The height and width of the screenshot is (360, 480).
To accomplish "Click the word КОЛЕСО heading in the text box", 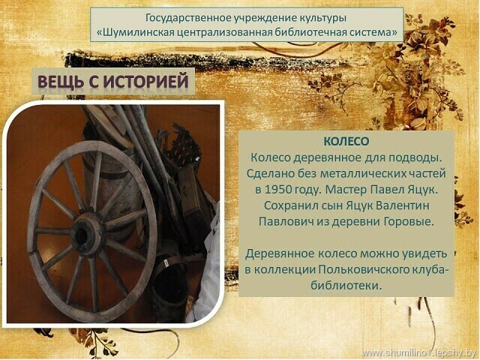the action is point(346,142).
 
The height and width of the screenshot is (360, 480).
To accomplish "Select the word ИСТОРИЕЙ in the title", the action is point(145,82).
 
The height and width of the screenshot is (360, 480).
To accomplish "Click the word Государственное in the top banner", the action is point(188,18).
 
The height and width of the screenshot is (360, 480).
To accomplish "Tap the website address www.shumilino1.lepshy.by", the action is point(418,353).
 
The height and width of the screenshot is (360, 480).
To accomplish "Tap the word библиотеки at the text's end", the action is point(346,286).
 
